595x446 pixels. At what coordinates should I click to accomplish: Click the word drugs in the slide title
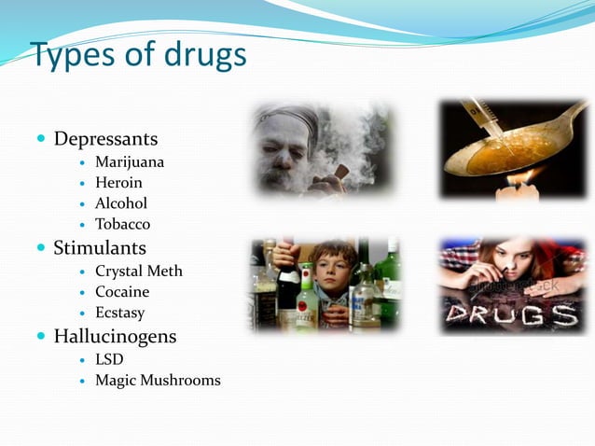tap(199, 56)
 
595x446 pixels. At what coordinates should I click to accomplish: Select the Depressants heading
tap(105, 139)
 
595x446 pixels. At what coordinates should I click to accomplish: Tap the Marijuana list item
tap(130, 162)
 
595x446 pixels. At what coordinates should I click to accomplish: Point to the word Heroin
tap(118, 183)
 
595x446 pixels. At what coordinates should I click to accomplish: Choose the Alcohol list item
tap(121, 203)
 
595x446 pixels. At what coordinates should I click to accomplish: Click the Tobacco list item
tap(122, 224)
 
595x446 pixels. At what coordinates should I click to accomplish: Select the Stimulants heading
tap(100, 248)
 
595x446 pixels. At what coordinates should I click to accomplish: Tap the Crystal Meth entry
tap(139, 272)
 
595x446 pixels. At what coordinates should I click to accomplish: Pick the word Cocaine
tap(122, 292)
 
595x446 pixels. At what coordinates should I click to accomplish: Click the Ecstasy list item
tap(119, 313)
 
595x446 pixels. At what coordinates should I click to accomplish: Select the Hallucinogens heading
tap(115, 336)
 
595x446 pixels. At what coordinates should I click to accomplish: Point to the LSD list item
tap(109, 359)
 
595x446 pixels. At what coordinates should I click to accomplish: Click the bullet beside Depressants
tap(41, 139)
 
